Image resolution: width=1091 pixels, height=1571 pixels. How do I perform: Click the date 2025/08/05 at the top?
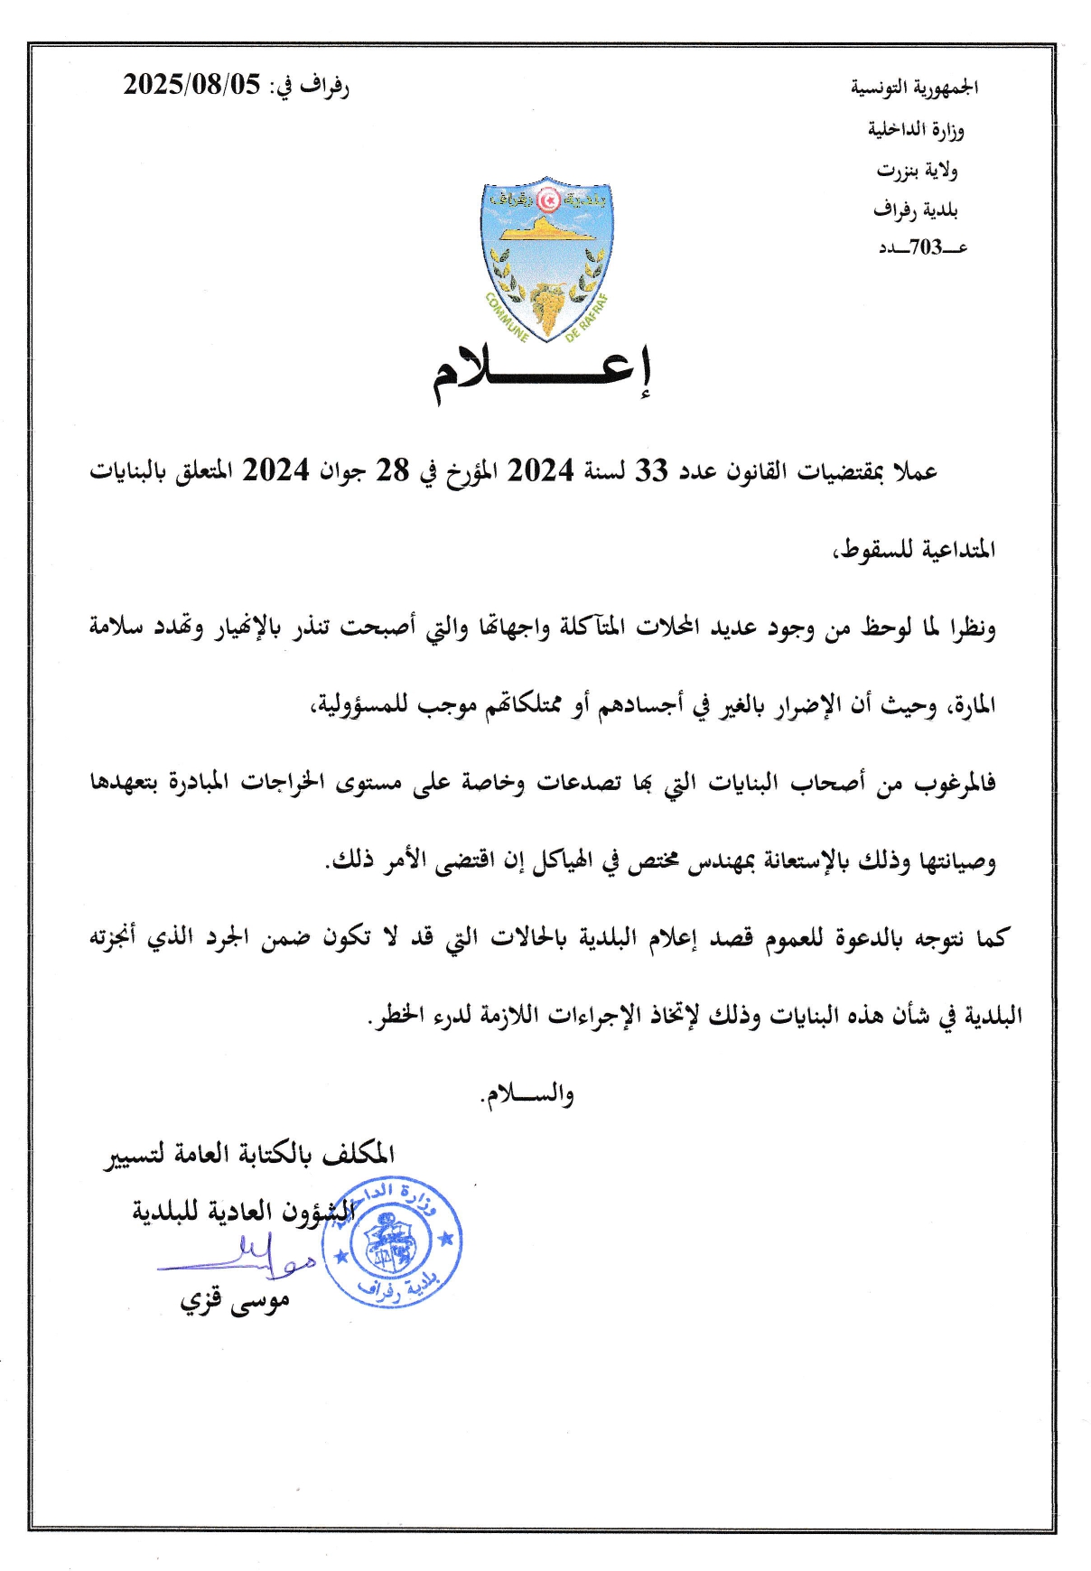pyautogui.click(x=191, y=85)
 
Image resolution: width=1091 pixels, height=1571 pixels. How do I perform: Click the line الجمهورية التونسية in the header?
pyautogui.click(x=914, y=88)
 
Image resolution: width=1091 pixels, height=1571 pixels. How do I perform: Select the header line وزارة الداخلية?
pyautogui.click(x=916, y=129)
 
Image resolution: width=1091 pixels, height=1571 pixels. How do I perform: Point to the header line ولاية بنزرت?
pyautogui.click(x=917, y=170)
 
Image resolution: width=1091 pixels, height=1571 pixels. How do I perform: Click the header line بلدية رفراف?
pyautogui.click(x=915, y=209)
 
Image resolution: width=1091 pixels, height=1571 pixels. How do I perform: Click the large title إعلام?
pyautogui.click(x=542, y=373)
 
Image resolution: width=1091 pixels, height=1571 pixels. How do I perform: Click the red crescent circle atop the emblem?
pyautogui.click(x=547, y=199)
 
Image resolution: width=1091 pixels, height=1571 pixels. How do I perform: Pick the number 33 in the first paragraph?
pyautogui.click(x=650, y=470)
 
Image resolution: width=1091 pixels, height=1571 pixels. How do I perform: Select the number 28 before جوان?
pyautogui.click(x=392, y=470)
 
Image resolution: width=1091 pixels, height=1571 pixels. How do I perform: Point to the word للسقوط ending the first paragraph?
pyautogui.click(x=872, y=549)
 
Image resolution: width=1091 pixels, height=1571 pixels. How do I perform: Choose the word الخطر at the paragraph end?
pyautogui.click(x=395, y=1016)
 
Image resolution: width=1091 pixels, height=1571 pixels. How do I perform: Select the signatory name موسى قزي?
pyautogui.click(x=235, y=1302)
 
